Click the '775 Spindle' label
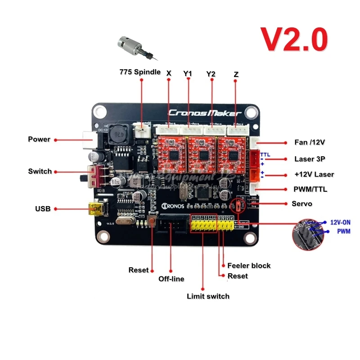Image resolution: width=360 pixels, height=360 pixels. click(x=140, y=72)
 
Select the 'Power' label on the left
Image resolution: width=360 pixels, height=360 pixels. click(x=39, y=139)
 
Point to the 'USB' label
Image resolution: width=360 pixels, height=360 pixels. click(x=43, y=209)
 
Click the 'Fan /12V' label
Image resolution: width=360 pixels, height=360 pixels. click(x=310, y=142)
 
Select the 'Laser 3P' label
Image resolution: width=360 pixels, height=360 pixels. click(x=310, y=159)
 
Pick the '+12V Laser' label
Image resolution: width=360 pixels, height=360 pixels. click(x=314, y=174)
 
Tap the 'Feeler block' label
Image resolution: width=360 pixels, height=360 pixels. click(x=249, y=265)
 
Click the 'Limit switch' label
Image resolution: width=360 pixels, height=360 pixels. click(x=208, y=296)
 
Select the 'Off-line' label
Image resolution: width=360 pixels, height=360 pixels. click(x=171, y=279)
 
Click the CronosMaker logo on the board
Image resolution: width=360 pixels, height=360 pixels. click(x=205, y=113)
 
